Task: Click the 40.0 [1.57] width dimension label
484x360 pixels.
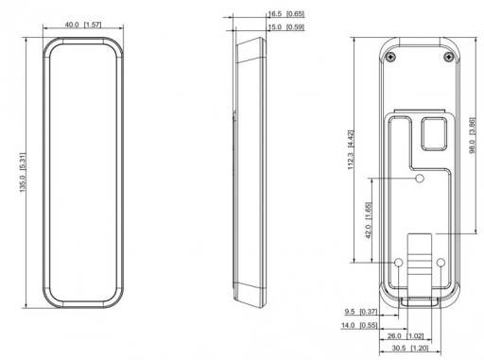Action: tap(83, 25)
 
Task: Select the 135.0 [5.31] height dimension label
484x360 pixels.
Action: tap(23, 172)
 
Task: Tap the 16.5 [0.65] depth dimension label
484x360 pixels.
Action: tap(286, 14)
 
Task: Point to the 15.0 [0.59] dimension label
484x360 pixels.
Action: tap(286, 27)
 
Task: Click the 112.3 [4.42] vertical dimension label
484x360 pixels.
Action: tap(351, 150)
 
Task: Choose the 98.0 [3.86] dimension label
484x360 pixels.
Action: tap(472, 136)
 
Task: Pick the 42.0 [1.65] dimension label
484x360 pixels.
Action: tap(369, 220)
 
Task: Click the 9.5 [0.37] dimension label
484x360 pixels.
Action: tap(361, 312)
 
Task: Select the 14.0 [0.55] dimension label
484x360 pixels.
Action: tap(359, 325)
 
